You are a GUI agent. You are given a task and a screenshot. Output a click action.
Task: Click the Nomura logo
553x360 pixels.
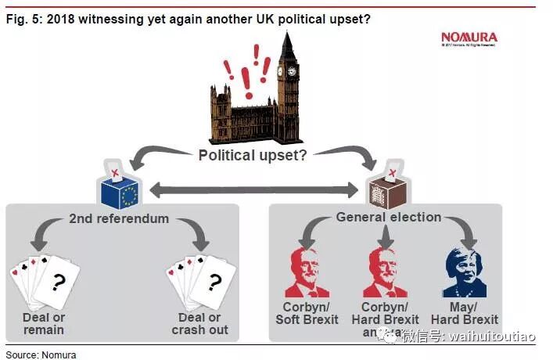469,37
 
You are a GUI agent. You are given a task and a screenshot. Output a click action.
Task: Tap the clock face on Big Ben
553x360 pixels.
292,71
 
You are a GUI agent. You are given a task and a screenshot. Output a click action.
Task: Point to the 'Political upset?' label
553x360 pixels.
253,154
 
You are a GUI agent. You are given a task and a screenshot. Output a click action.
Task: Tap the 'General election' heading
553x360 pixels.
389,217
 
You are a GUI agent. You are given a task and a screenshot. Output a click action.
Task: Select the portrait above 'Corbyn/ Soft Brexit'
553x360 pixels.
307,272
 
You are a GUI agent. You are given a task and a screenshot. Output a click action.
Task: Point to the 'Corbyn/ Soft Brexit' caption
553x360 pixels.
307,313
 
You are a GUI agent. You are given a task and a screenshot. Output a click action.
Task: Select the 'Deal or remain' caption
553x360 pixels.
44,323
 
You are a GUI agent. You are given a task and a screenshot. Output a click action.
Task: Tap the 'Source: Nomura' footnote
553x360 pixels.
39,354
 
